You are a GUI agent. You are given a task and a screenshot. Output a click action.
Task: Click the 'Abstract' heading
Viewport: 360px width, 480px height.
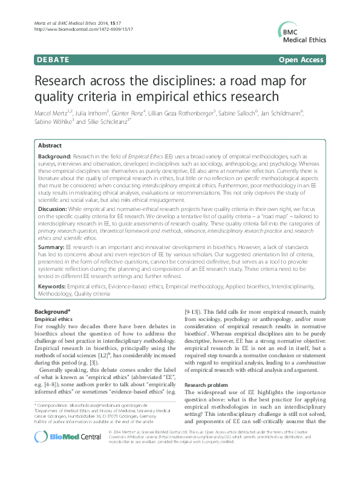pyautogui.click(x=50, y=146)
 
